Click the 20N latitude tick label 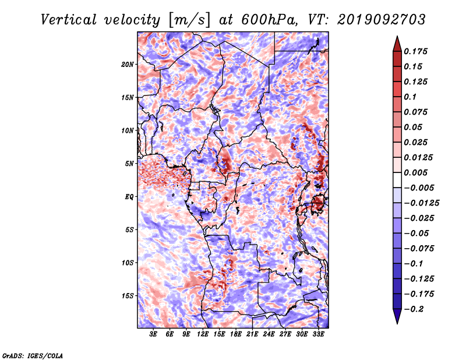[128, 65]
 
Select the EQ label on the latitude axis [129, 197]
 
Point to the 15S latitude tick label [128, 296]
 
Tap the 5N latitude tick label [129, 164]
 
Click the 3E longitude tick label [153, 334]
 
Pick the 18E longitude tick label [236, 334]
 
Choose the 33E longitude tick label [318, 334]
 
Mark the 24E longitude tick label [269, 334]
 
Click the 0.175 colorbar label [415, 51]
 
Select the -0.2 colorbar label [414, 309]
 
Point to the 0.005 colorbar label [415, 172]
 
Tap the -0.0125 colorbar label [421, 203]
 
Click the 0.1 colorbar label [410, 97]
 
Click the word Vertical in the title [69, 20]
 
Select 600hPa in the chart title [269, 20]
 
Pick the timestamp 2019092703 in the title [382, 20]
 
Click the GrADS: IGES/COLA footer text [33, 356]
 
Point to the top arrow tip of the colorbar [397, 36]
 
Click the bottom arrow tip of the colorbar [397, 323]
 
